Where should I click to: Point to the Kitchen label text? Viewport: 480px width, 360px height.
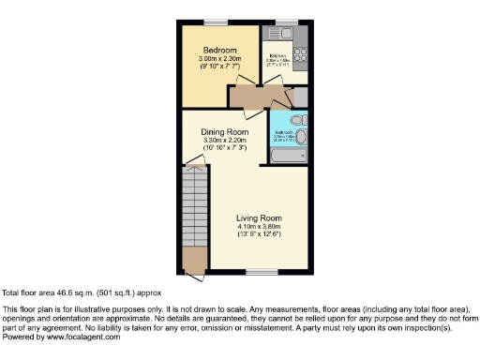(x=278, y=54)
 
